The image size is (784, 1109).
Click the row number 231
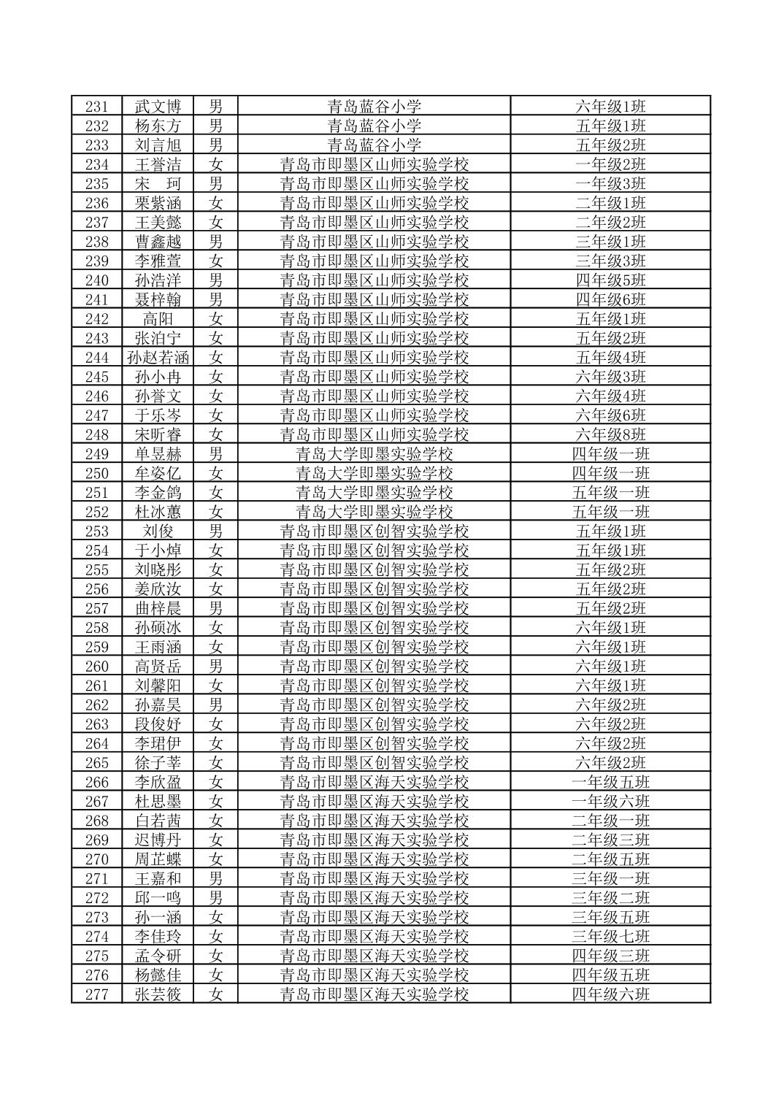tap(96, 107)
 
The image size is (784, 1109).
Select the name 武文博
tap(158, 107)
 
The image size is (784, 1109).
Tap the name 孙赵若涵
tap(158, 358)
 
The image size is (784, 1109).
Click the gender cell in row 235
tap(215, 184)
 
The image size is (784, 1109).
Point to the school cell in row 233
tap(374, 145)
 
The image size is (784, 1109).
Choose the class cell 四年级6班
tap(610, 300)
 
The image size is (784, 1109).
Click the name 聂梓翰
tap(158, 300)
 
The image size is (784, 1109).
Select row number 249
tap(96, 454)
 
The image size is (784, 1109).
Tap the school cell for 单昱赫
tap(374, 454)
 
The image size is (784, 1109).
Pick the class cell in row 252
tap(610, 512)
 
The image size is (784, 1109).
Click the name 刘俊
tap(158, 532)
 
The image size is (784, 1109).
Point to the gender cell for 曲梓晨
tap(215, 608)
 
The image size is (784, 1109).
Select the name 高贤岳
tap(158, 667)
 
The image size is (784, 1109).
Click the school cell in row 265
tap(374, 763)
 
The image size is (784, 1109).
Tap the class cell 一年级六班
tap(610, 802)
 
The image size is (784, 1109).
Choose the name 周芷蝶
tap(158, 859)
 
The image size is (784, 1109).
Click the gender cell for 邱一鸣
tap(215, 898)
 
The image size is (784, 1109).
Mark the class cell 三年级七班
tap(610, 937)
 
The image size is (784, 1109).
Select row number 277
tap(96, 994)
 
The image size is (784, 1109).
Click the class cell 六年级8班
tap(610, 435)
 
